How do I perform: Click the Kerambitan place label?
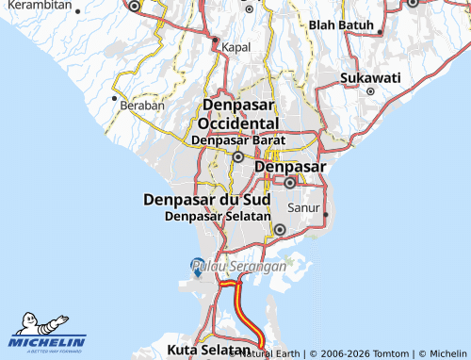[x=37, y=5]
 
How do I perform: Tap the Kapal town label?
[x=235, y=46]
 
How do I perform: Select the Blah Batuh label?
[x=341, y=25]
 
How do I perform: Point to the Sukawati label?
[x=370, y=76]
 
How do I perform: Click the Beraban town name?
[x=142, y=106]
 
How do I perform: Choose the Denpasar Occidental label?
[x=238, y=114]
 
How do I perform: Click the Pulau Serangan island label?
[x=238, y=268]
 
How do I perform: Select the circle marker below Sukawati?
[x=370, y=91]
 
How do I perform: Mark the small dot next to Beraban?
[x=115, y=97]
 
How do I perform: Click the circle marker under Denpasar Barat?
[x=238, y=157]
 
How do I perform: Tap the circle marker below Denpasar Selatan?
[x=280, y=229]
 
